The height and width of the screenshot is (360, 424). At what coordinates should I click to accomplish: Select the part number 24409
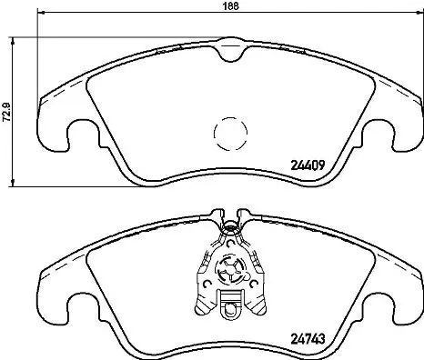pos(308,165)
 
